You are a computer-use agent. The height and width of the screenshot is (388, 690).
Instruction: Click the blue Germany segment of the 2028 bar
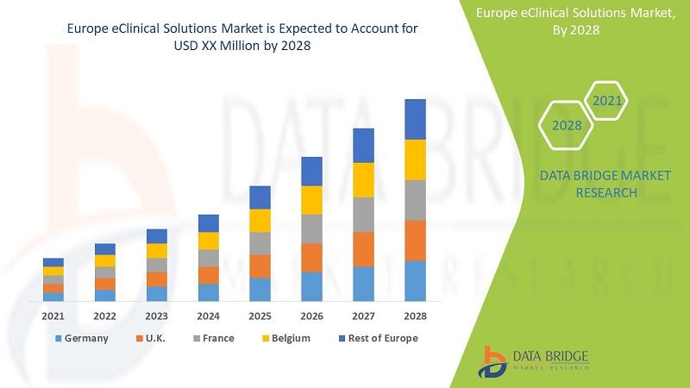point(416,280)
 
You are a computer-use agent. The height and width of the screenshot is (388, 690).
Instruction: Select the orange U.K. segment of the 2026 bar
point(312,257)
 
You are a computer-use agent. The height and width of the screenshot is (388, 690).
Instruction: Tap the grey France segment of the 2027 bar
point(364,215)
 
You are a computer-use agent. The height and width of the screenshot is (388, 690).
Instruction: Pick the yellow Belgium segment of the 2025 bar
point(260,221)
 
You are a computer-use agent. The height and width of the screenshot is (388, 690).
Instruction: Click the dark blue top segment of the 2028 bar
point(416,119)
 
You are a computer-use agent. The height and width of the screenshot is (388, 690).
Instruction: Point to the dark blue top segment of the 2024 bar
point(209,223)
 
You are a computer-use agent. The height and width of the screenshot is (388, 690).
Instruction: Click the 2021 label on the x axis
point(53,316)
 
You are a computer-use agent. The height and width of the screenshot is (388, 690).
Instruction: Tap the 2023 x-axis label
point(157,316)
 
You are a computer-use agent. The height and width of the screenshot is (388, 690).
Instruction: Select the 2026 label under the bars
point(312,316)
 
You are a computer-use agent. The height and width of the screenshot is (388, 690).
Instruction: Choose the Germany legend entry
point(82,338)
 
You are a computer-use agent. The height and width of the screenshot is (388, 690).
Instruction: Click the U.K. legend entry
point(153,338)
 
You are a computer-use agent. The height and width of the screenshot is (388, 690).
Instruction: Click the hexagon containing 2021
point(606,101)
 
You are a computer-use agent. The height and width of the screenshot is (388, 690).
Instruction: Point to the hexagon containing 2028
point(567,126)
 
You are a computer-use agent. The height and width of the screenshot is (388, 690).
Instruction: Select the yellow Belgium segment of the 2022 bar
point(105,260)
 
